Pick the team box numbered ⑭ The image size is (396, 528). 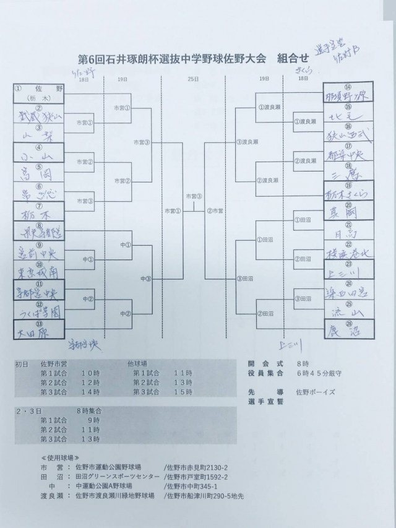pos(349,92)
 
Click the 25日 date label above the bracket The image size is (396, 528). pos(194,79)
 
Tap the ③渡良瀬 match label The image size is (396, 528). pos(247,142)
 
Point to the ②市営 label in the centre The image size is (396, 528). pos(215,211)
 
